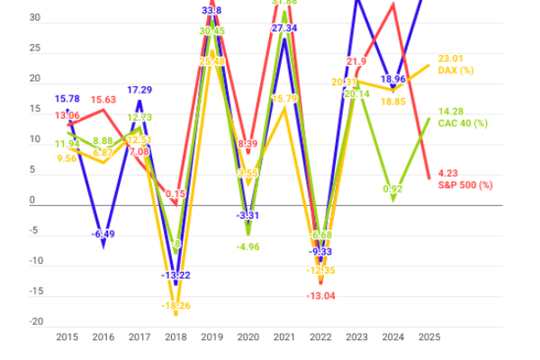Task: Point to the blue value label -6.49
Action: [x=103, y=235]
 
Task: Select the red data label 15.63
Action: [x=103, y=100]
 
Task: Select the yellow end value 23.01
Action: [x=450, y=58]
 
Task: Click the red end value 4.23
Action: [x=448, y=174]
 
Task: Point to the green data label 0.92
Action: [x=392, y=189]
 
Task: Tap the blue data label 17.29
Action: [x=138, y=90]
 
